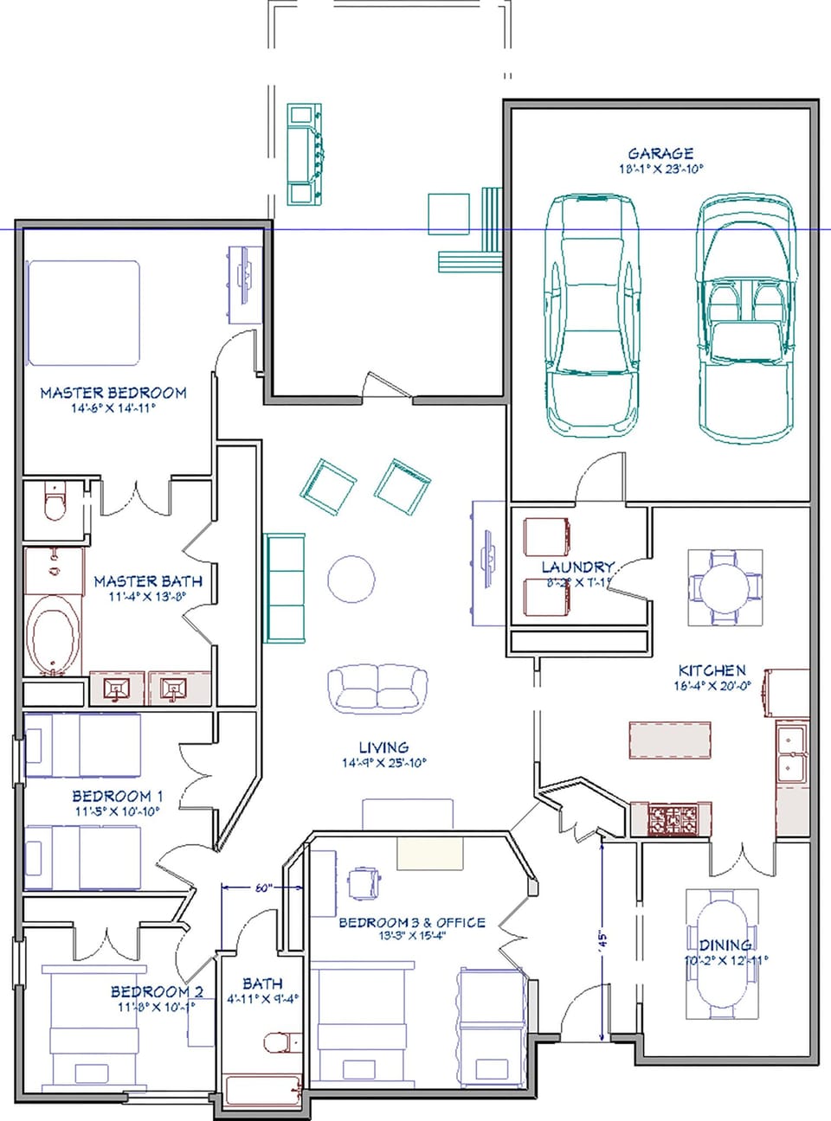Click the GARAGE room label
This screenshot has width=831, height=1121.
[660, 153]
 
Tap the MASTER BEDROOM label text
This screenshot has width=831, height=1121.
[113, 393]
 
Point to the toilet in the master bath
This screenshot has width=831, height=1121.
[55, 502]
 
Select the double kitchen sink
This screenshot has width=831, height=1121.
[790, 753]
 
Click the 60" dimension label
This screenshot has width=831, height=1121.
[262, 887]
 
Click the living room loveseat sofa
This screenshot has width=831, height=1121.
[377, 689]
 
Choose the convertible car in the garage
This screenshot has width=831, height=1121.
[747, 317]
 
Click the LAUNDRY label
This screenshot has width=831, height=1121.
[577, 567]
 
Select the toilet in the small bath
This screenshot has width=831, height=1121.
[277, 1041]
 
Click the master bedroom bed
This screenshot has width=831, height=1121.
[83, 312]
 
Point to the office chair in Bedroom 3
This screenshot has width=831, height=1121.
[364, 882]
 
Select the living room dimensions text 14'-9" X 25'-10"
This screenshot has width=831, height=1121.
[384, 763]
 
